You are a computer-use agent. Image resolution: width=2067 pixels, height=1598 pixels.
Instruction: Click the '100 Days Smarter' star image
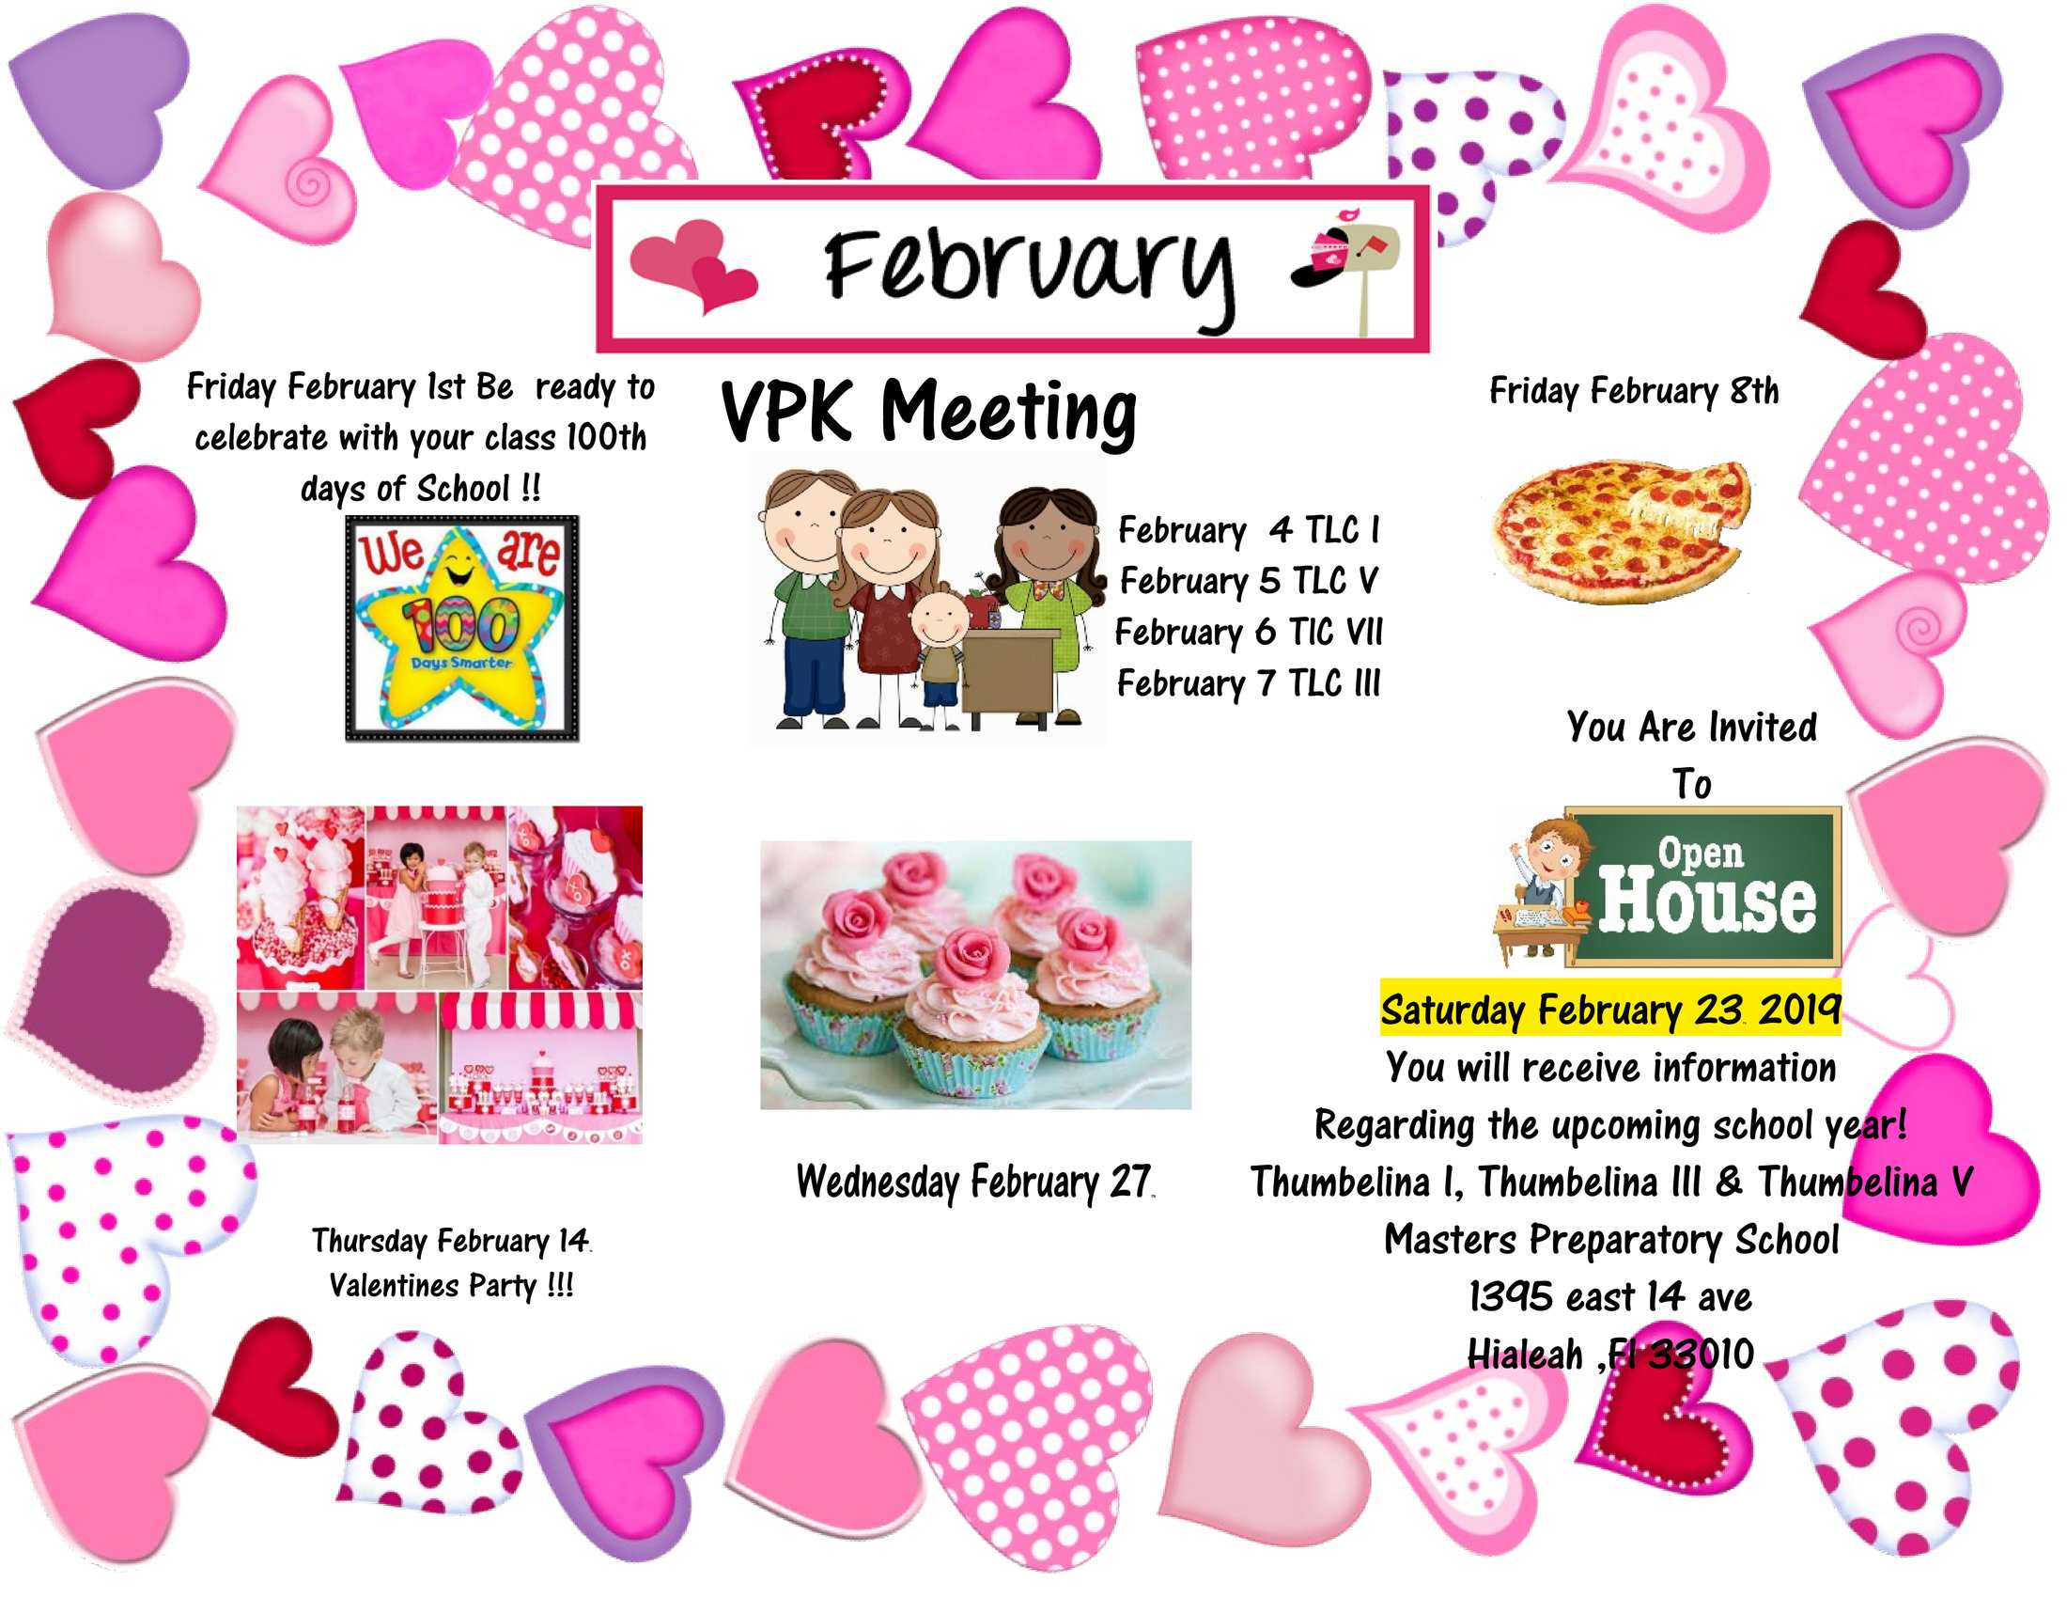[462, 628]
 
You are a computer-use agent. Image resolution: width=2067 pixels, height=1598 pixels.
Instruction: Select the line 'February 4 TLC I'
[1250, 530]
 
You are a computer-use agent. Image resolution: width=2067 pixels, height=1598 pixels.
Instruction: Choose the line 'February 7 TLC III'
[1250, 683]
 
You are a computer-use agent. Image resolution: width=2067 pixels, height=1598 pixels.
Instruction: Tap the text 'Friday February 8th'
[1634, 391]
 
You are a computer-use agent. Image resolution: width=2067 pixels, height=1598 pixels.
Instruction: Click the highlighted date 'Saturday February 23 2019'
[1609, 1010]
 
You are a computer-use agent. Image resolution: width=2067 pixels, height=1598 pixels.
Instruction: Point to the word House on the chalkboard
[1707, 901]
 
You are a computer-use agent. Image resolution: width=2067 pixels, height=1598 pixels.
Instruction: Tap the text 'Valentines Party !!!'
[451, 1286]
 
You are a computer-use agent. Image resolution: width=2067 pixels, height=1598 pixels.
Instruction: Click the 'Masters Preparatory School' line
[1610, 1240]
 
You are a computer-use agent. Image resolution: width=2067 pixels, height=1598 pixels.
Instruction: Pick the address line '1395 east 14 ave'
[1609, 1297]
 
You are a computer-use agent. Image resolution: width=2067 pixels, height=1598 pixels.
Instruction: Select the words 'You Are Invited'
[1691, 727]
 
